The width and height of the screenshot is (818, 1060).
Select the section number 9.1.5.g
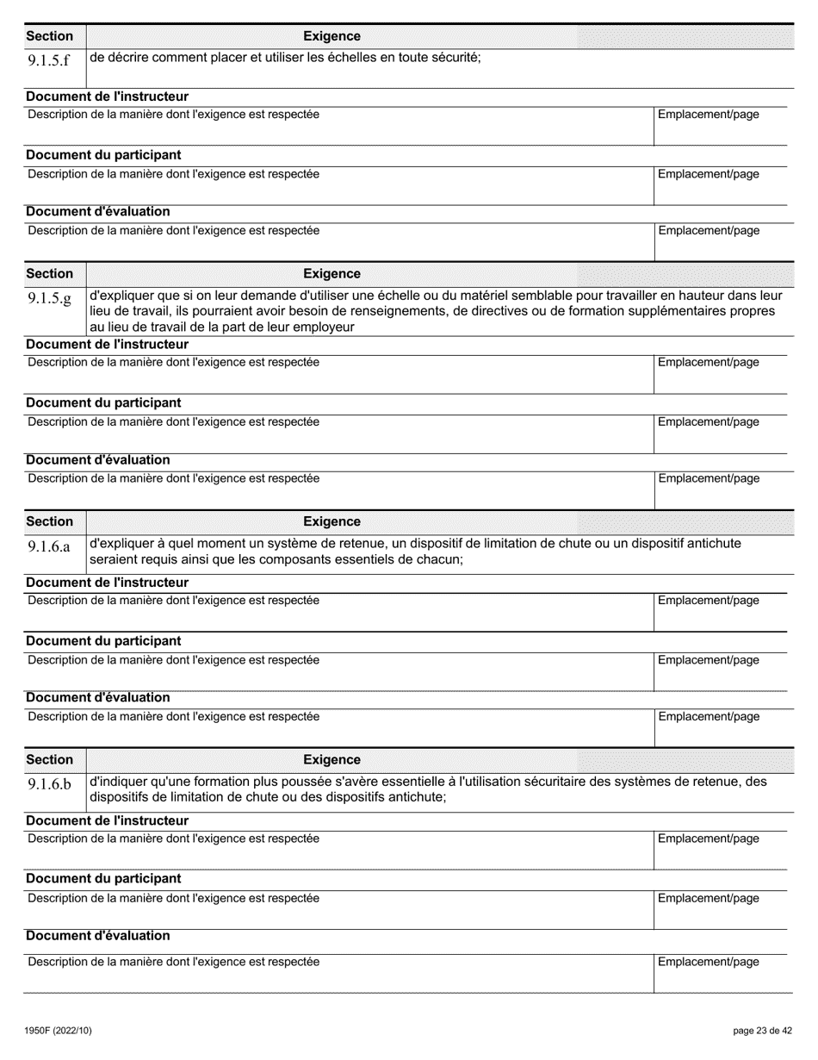(x=49, y=298)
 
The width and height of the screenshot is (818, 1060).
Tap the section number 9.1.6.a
(x=49, y=546)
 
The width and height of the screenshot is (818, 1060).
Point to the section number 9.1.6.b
(x=49, y=784)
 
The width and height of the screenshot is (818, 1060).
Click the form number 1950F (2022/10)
(x=59, y=1030)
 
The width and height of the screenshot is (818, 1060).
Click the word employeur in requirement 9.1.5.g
(x=325, y=327)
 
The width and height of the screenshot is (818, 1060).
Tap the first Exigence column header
(x=332, y=36)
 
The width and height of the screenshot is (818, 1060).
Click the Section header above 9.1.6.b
(x=49, y=759)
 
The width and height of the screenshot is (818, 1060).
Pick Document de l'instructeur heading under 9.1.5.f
(x=107, y=97)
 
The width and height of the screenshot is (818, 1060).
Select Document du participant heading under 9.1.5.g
(x=103, y=402)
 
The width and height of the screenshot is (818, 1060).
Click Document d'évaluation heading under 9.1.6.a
(x=98, y=697)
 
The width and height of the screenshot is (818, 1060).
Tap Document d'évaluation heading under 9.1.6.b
(x=98, y=935)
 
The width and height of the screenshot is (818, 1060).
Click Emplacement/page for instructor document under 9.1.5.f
(x=708, y=115)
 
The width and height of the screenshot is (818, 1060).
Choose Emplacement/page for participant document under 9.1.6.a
(x=708, y=660)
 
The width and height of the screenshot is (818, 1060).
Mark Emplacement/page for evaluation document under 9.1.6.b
(x=708, y=962)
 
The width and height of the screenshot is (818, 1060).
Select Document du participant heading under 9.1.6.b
(x=103, y=878)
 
